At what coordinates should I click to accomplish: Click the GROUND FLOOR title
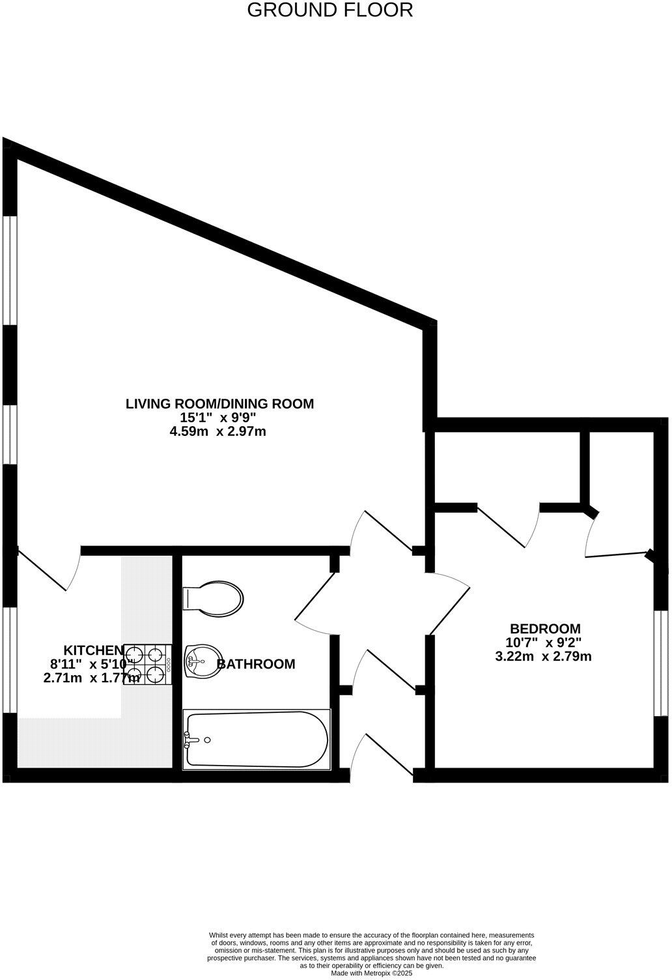[329, 10]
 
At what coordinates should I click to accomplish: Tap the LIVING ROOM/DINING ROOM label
[219, 404]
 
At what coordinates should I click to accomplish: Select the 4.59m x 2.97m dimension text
[218, 431]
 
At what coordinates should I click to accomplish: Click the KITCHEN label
[93, 650]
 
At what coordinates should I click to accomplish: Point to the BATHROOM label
[256, 664]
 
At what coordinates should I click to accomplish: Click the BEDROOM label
[544, 629]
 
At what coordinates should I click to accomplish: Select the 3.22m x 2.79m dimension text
[543, 656]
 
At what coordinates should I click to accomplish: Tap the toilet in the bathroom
[213, 598]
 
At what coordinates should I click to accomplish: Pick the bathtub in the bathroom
[257, 739]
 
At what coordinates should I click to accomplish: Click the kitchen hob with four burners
[147, 664]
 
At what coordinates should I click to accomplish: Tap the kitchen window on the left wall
[9, 659]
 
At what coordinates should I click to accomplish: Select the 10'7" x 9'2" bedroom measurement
[544, 642]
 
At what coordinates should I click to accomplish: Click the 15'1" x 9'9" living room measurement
[219, 418]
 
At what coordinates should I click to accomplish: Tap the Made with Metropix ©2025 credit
[371, 973]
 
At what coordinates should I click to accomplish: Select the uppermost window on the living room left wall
[9, 270]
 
